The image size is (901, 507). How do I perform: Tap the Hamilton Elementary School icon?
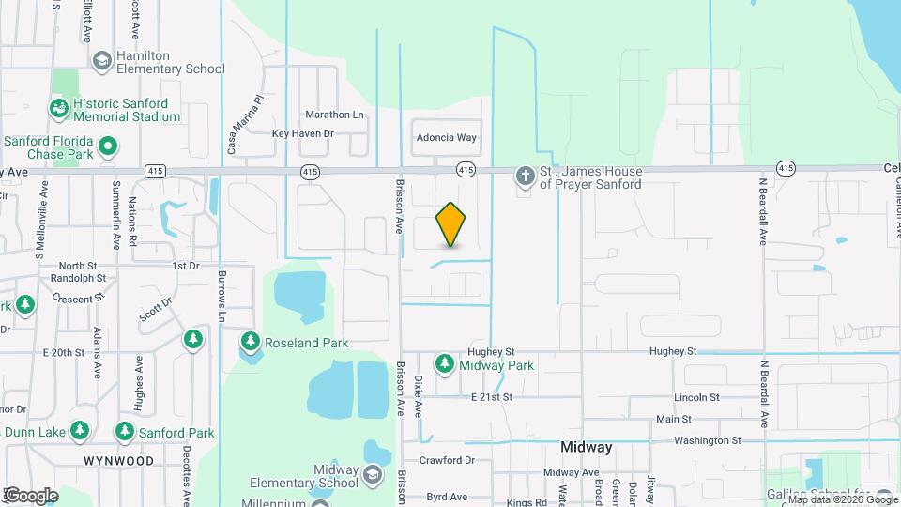(x=102, y=61)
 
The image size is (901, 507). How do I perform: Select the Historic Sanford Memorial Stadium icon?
(x=60, y=110)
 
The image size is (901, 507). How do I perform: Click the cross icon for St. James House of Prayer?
(x=524, y=177)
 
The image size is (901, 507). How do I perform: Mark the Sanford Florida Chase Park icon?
(x=109, y=146)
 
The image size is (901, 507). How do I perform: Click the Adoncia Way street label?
(x=447, y=137)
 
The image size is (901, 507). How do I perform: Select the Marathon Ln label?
(x=334, y=115)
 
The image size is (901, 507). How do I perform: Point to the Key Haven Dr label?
(x=302, y=133)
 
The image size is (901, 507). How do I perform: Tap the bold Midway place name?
(x=587, y=447)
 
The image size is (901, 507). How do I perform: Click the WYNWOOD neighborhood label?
(x=118, y=461)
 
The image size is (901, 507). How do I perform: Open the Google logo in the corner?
(x=31, y=495)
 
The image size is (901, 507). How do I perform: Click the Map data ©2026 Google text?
(x=842, y=499)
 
